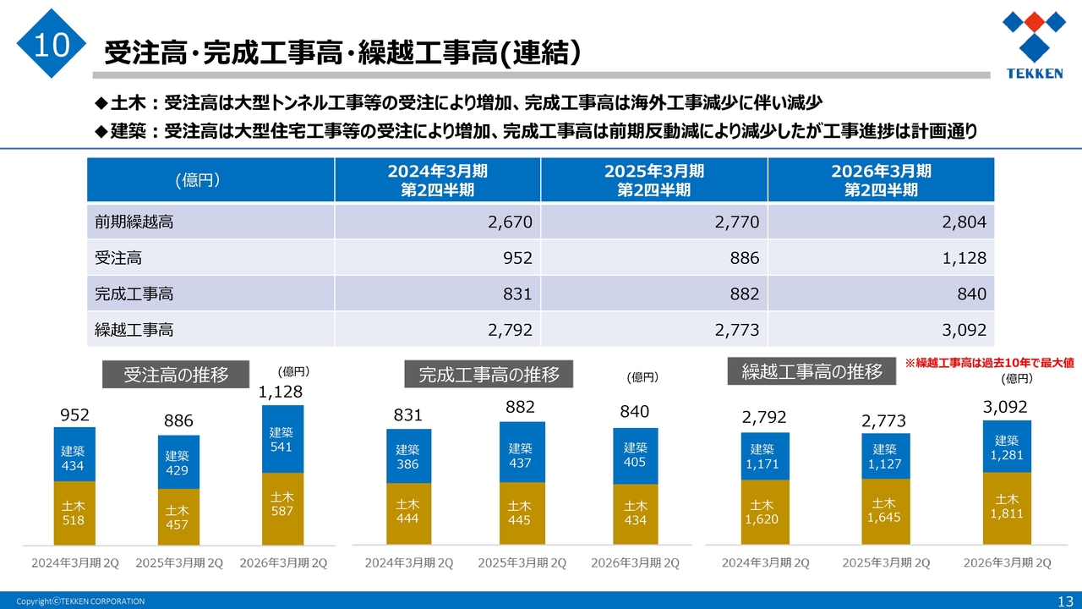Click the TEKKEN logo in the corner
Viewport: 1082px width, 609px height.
click(1034, 45)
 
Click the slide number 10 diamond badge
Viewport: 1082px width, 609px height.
click(52, 44)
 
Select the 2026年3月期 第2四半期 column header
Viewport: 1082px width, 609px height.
click(881, 180)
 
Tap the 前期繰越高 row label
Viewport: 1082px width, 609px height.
click(134, 222)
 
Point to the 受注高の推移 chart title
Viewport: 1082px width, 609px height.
click(177, 375)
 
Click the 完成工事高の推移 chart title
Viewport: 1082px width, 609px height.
click(489, 374)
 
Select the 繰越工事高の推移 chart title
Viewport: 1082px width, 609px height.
click(811, 371)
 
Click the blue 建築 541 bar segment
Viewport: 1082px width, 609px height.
click(281, 439)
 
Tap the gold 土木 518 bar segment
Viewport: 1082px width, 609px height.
click(74, 513)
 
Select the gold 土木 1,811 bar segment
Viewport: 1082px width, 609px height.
click(1007, 507)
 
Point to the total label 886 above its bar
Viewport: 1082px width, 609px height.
click(178, 421)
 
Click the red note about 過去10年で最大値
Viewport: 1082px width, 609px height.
click(989, 362)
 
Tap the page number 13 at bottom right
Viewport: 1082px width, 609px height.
click(1063, 601)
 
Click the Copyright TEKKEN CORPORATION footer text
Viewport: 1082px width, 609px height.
click(80, 601)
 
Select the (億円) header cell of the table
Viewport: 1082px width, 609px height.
click(198, 180)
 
